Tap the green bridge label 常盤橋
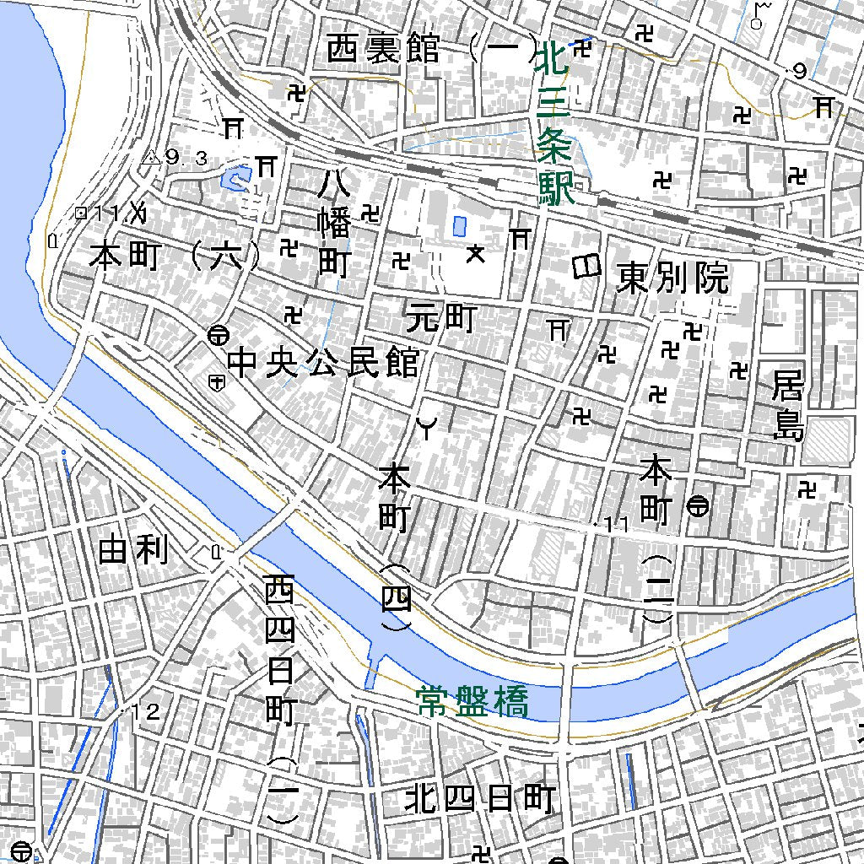[x=472, y=701]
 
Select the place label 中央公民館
[x=324, y=364]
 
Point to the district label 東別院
[x=672, y=278]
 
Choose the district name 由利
[x=133, y=551]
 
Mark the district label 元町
[x=441, y=318]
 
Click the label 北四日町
[x=480, y=798]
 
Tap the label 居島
[x=788, y=408]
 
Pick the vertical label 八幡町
[x=334, y=223]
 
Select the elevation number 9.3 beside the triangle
[x=186, y=157]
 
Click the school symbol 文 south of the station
[x=477, y=252]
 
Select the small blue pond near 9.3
[x=230, y=179]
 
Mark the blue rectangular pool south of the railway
[x=459, y=226]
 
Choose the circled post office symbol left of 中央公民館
[x=217, y=335]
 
